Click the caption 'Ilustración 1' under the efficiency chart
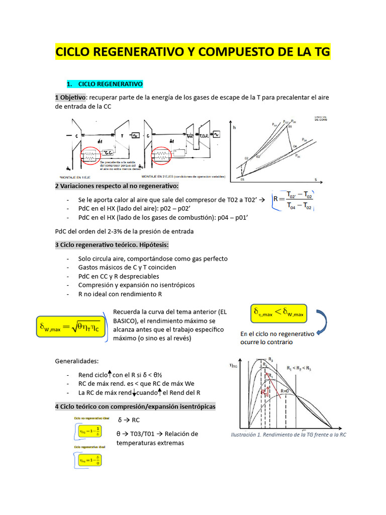pyautogui.click(x=288, y=435)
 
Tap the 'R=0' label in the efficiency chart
pyautogui.click(x=285, y=391)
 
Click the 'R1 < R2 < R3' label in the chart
pyautogui.click(x=299, y=368)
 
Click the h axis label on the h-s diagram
pyautogui.click(x=234, y=128)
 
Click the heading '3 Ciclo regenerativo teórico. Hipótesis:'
pyautogui.click(x=112, y=245)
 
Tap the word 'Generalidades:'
pyautogui.click(x=77, y=361)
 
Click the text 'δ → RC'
pyautogui.click(x=128, y=420)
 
